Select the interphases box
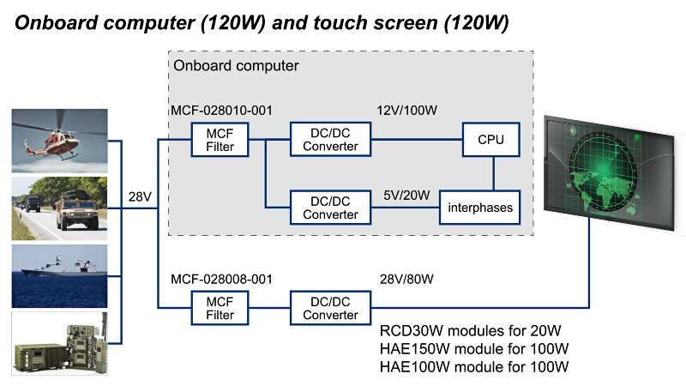(x=479, y=207)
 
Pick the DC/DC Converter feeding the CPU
(x=330, y=139)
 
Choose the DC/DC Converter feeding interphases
(x=330, y=207)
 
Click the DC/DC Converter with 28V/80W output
(x=330, y=308)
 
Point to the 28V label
(x=139, y=198)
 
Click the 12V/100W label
(x=407, y=111)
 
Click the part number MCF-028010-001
(x=221, y=111)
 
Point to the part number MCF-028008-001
(x=221, y=280)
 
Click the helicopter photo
(x=60, y=140)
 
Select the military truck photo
(x=60, y=208)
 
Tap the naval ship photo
(x=60, y=274)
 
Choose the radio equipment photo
(x=60, y=343)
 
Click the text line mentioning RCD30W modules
(x=471, y=332)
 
